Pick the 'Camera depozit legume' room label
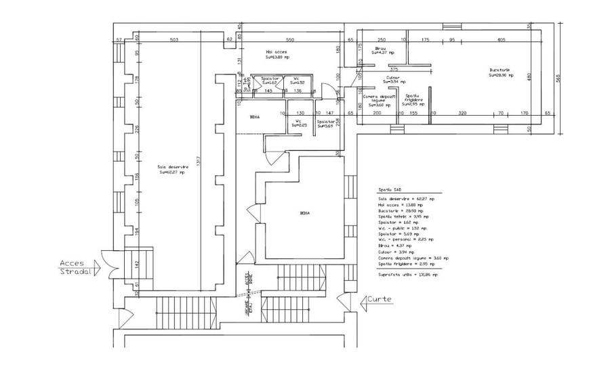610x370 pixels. pyautogui.click(x=374, y=100)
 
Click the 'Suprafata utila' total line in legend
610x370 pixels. pyautogui.click(x=407, y=275)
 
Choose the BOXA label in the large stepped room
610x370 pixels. pyautogui.click(x=304, y=212)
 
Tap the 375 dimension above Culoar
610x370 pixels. pyautogui.click(x=393, y=69)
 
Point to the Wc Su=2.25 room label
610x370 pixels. pyautogui.click(x=298, y=122)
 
